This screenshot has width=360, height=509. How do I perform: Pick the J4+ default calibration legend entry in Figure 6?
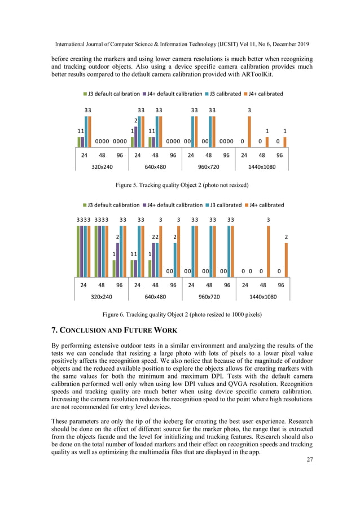pos(173,205)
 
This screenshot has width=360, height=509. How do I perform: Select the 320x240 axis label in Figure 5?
pos(102,166)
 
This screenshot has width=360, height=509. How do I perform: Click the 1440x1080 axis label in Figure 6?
pos(263,297)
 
